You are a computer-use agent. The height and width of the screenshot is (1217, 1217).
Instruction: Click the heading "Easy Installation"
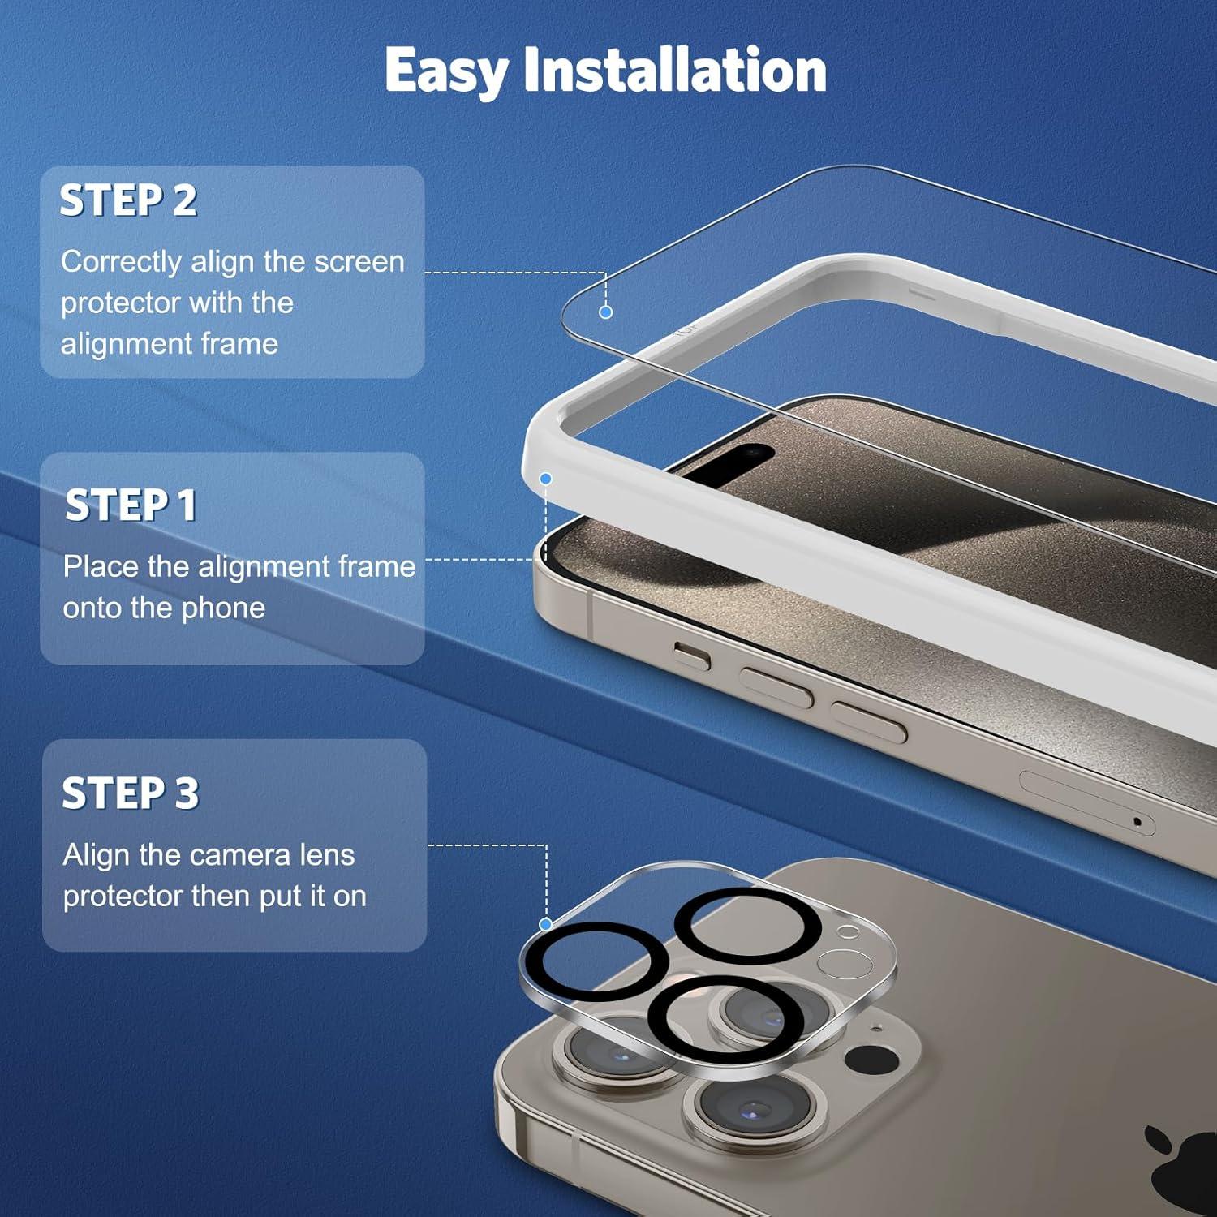[x=605, y=71]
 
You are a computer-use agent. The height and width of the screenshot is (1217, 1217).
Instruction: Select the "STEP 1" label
[x=131, y=505]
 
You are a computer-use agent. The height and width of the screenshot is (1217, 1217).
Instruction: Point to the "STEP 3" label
[x=130, y=793]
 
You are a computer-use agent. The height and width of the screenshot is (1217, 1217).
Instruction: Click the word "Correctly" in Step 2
[x=121, y=262]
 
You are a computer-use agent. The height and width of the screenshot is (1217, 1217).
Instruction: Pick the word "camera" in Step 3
[x=234, y=855]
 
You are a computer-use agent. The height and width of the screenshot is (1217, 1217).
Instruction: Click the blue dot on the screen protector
[x=605, y=312]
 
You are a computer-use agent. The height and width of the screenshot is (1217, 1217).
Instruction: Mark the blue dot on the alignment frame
[x=546, y=479]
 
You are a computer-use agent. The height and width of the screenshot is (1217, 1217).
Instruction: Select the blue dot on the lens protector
[x=546, y=924]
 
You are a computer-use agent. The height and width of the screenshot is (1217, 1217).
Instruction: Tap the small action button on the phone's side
[x=692, y=655]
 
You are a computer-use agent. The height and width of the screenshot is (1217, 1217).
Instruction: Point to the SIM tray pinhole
[x=1137, y=822]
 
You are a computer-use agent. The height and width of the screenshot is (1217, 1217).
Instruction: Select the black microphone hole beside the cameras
[x=871, y=1058]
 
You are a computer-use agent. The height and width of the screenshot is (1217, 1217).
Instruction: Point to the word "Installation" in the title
[x=675, y=70]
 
